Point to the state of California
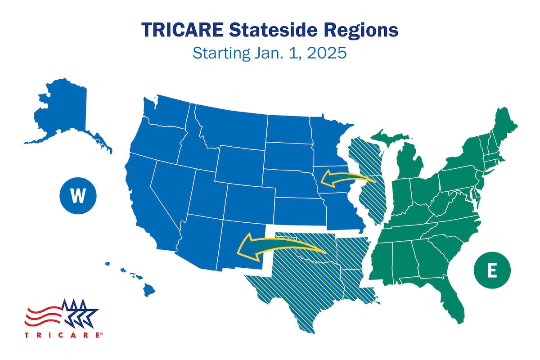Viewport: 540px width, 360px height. point(146,198)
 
